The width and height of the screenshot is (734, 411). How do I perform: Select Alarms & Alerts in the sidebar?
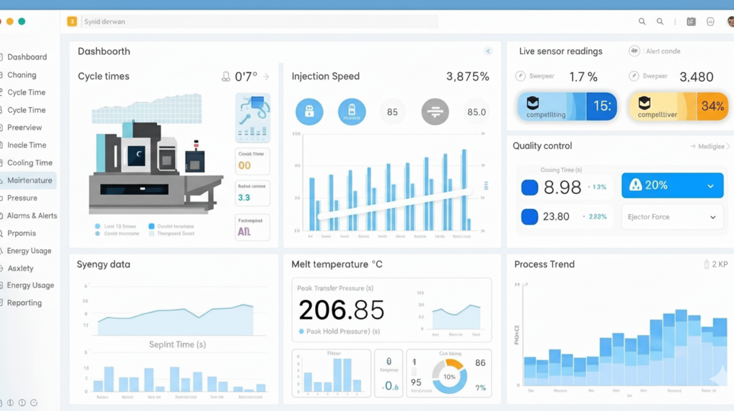32,216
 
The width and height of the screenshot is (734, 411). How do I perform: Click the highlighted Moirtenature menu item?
29,180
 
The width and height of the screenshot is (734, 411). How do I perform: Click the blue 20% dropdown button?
672,185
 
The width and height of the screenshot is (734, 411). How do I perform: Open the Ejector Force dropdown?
672,217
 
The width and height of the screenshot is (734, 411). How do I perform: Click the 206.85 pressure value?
341,310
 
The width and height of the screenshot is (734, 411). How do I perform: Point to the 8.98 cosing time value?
562,187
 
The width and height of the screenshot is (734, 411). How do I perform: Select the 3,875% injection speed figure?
467,77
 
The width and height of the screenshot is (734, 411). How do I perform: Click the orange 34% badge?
712,106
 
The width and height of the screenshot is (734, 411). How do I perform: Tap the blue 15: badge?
602,106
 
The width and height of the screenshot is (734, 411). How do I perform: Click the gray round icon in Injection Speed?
435,111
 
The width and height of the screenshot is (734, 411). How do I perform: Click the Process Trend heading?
544,264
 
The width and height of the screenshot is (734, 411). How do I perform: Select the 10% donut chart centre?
449,377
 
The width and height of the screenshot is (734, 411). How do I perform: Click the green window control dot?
22,22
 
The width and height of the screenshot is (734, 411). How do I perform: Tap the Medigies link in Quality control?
711,146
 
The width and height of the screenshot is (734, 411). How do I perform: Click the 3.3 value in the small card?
244,198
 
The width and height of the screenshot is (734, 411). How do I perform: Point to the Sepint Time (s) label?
177,344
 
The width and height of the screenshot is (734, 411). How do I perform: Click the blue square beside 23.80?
529,217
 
